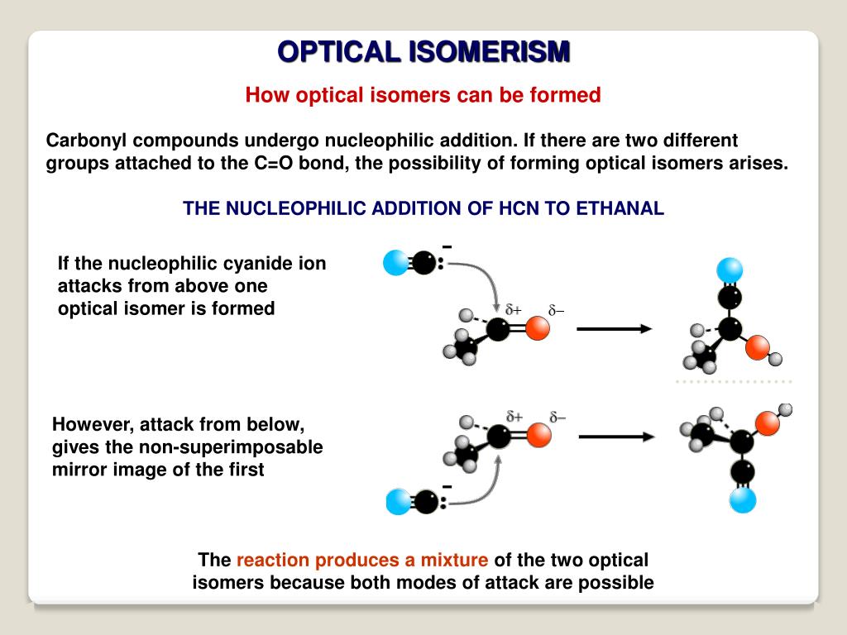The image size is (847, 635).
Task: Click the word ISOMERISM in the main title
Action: pos(489,51)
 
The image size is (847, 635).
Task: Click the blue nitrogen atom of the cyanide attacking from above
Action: pos(396,263)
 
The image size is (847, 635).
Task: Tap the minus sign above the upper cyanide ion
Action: pos(447,246)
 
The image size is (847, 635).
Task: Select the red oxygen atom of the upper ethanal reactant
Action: pos(538,329)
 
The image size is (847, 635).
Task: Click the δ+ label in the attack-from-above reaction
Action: pos(514,310)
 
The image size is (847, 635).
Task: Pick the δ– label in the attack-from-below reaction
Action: pos(557,417)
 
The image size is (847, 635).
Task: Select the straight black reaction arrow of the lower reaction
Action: pos(616,437)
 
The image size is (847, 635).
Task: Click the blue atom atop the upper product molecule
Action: pos(730,270)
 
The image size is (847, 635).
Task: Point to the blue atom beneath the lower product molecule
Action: pos(743,499)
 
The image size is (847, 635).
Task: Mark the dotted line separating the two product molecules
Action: pos(733,381)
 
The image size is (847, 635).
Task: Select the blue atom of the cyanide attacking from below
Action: pos(399,502)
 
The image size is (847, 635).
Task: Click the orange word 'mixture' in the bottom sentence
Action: pos(455,560)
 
